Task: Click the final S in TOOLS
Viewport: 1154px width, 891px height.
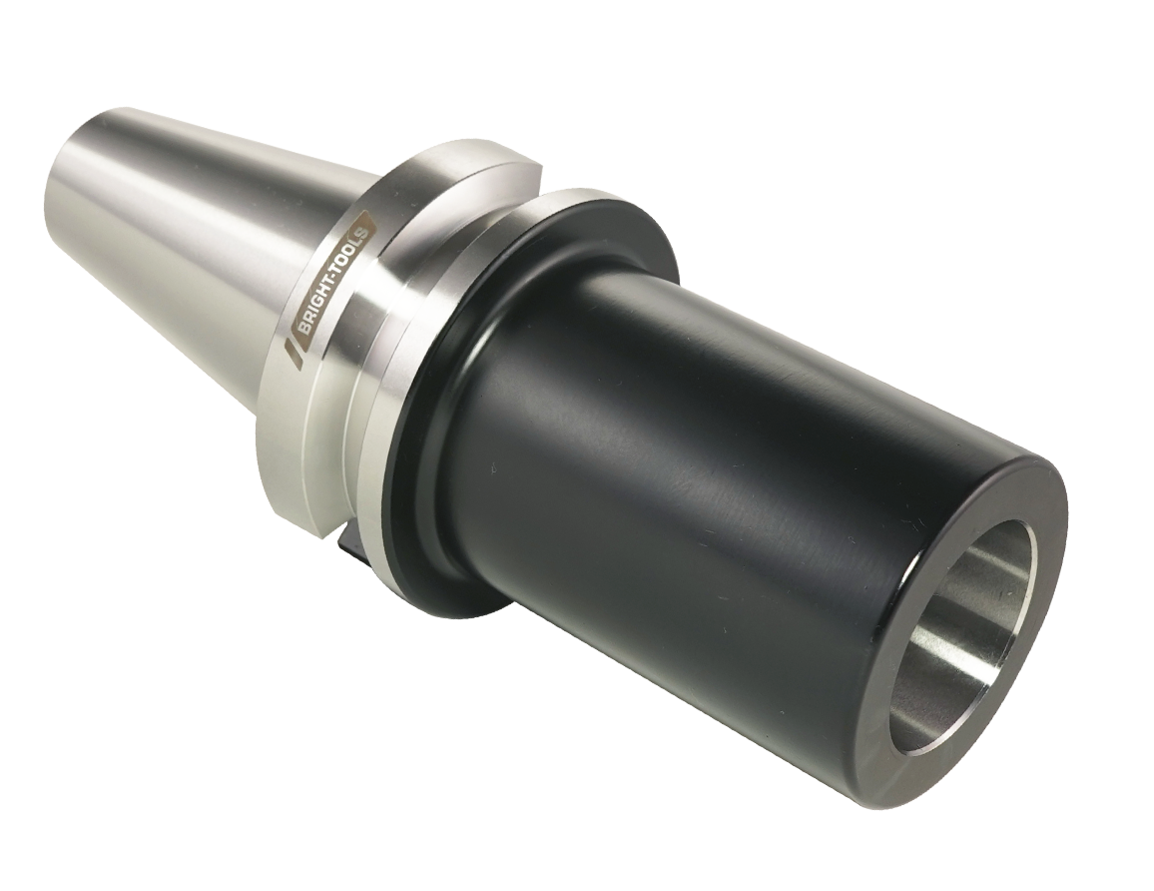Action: point(362,216)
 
